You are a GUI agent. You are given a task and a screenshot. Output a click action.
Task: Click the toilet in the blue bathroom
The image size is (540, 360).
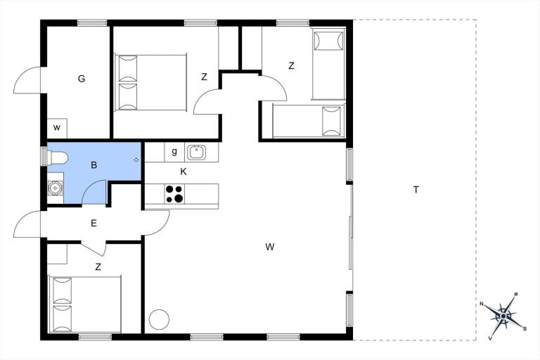pyautogui.click(x=57, y=158)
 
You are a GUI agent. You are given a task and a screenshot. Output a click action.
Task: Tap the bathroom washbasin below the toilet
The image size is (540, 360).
pyautogui.click(x=55, y=188)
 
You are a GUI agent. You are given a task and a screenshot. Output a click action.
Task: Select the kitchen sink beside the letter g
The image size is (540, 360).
pyautogui.click(x=196, y=153)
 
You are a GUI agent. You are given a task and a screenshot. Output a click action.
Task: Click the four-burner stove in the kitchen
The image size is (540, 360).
pyautogui.click(x=174, y=194)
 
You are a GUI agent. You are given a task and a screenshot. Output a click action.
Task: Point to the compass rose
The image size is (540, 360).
pyautogui.click(x=503, y=316)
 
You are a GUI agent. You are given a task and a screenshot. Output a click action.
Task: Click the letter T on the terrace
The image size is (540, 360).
pyautogui.click(x=416, y=189)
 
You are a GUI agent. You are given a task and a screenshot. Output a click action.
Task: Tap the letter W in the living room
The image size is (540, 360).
pyautogui.click(x=270, y=247)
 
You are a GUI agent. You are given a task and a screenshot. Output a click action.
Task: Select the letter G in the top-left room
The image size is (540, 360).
pyautogui.click(x=82, y=79)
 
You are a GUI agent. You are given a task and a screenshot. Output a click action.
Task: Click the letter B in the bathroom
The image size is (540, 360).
pyautogui.click(x=94, y=165)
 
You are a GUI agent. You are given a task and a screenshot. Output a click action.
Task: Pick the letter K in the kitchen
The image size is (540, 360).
pyautogui.click(x=184, y=172)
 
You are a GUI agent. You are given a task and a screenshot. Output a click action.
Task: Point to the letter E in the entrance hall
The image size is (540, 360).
pyautogui.click(x=94, y=224)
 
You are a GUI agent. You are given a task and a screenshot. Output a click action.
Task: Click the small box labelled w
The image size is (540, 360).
pyautogui.click(x=57, y=128)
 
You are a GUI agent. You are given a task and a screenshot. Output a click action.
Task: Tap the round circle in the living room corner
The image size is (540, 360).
pyautogui.click(x=159, y=319)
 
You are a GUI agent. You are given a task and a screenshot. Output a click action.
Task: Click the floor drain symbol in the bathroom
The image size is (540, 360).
pyautogui.click(x=136, y=160)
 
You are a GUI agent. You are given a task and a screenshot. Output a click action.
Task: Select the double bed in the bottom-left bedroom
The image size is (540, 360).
pyautogui.click(x=85, y=304)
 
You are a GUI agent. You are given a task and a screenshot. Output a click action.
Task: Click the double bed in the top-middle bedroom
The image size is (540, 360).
pyautogui.click(x=151, y=82)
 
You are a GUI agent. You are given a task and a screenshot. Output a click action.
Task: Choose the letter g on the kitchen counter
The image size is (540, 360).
pyautogui.click(x=174, y=152)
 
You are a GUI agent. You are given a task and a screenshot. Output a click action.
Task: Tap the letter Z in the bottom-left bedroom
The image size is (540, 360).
pyautogui.click(x=98, y=267)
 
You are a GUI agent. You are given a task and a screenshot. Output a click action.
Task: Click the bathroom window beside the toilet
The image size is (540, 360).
pyautogui.click(x=44, y=156)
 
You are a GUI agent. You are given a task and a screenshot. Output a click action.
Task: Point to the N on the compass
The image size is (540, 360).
pyautogui.click(x=482, y=304)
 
